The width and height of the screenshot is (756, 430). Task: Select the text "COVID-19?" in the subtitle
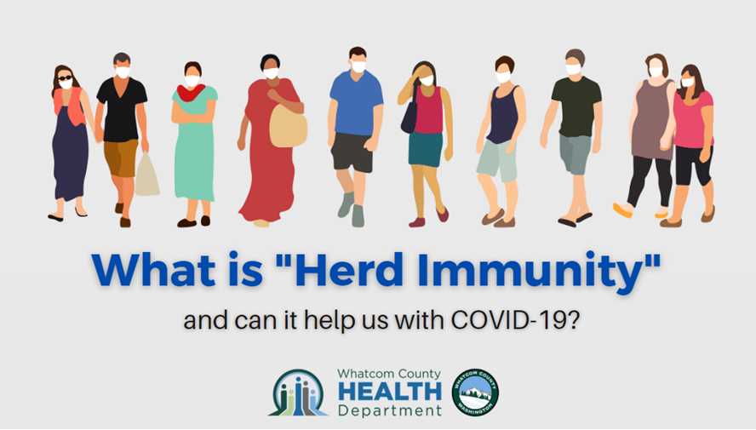click(515, 320)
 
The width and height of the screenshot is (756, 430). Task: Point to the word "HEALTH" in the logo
click(390, 392)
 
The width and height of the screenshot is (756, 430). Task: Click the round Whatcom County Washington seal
click(475, 393)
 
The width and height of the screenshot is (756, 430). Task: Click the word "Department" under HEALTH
click(390, 410)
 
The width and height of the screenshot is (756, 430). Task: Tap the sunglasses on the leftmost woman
click(65, 77)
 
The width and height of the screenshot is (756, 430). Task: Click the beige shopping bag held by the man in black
click(146, 175)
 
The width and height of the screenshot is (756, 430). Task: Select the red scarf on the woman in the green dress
click(191, 93)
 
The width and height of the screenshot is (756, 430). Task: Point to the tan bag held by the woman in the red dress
click(288, 125)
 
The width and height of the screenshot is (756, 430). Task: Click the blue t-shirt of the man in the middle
click(357, 103)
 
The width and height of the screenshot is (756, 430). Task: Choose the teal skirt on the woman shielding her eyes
click(426, 149)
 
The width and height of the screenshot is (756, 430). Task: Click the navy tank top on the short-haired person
click(503, 114)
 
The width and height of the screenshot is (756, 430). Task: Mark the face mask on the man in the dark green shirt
click(573, 70)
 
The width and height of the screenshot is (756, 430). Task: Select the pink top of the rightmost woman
click(692, 119)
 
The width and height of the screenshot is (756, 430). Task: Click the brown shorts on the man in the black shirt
click(121, 158)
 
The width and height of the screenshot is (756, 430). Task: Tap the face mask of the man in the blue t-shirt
click(358, 66)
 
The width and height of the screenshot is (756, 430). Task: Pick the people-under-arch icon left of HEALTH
click(298, 393)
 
